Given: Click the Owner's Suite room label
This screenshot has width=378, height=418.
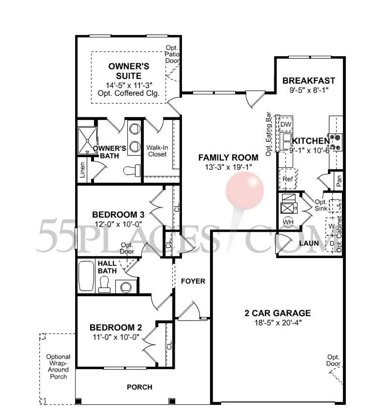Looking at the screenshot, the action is coord(129,71).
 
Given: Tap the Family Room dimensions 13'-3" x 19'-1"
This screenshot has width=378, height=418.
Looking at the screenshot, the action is coord(228,167).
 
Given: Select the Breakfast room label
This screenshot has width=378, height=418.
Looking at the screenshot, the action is coord(309,80).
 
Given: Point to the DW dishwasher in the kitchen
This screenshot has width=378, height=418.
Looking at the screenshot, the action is coord(286,124).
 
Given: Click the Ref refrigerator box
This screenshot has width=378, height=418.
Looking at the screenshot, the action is coord(288,179).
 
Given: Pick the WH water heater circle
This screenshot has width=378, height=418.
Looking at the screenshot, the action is coord(288,222).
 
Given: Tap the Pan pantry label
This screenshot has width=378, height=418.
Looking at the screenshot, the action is coord(339,181).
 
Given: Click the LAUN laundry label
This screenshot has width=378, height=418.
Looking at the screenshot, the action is coord(309,243).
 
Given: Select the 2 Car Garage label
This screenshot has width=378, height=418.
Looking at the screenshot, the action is coord(278,313).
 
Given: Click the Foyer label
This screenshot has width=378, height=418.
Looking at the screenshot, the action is coord(193,281).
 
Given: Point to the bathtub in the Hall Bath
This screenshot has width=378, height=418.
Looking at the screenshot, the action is coord(87,276).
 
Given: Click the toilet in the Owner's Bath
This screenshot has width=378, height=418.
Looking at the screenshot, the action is coord(132,170).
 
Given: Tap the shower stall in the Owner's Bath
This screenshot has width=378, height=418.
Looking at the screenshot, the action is coord(87,141).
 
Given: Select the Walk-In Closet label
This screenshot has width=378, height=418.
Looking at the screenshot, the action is coord(157,151).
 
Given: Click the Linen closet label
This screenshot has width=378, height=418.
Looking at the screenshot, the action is coord(82,170).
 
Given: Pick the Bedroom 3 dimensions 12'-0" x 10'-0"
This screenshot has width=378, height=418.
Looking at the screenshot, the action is coord(118,224).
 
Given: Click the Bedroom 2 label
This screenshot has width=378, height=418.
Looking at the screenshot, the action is coord(116,328).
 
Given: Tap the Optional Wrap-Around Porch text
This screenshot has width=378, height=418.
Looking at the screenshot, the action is coord(58,367).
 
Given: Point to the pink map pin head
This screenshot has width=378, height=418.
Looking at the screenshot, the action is coord(245,191).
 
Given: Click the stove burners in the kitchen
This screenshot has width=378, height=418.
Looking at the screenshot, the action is coord(336,142).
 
